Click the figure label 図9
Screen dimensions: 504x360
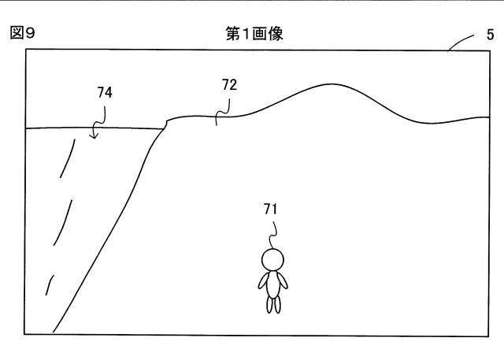pyautogui.click(x=22, y=33)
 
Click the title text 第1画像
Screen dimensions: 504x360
pyautogui.click(x=254, y=34)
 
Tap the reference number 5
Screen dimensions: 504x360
pyautogui.click(x=490, y=35)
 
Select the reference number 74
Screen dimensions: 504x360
pyautogui.click(x=105, y=93)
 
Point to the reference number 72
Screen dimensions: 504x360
pyautogui.click(x=229, y=85)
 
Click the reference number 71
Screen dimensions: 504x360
pyautogui.click(x=270, y=210)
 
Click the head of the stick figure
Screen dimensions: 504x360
pyautogui.click(x=273, y=260)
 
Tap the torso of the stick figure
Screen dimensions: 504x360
pyautogui.click(x=273, y=284)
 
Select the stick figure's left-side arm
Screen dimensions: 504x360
pyautogui.click(x=263, y=281)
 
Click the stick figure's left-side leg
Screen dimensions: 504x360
pyautogui.click(x=269, y=305)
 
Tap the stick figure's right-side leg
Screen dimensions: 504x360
pyautogui.click(x=277, y=305)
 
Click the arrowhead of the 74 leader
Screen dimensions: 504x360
pyautogui.click(x=94, y=135)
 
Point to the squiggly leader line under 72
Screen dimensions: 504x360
pyautogui.click(x=222, y=112)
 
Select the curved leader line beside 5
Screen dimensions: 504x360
pyautogui.click(x=460, y=42)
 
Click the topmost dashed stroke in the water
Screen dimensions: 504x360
pyautogui.click(x=69, y=158)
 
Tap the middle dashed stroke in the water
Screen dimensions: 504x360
pyautogui.click(x=63, y=223)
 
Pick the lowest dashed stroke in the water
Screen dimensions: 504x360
pyautogui.click(x=50, y=285)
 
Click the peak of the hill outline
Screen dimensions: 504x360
pyautogui.click(x=331, y=84)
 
